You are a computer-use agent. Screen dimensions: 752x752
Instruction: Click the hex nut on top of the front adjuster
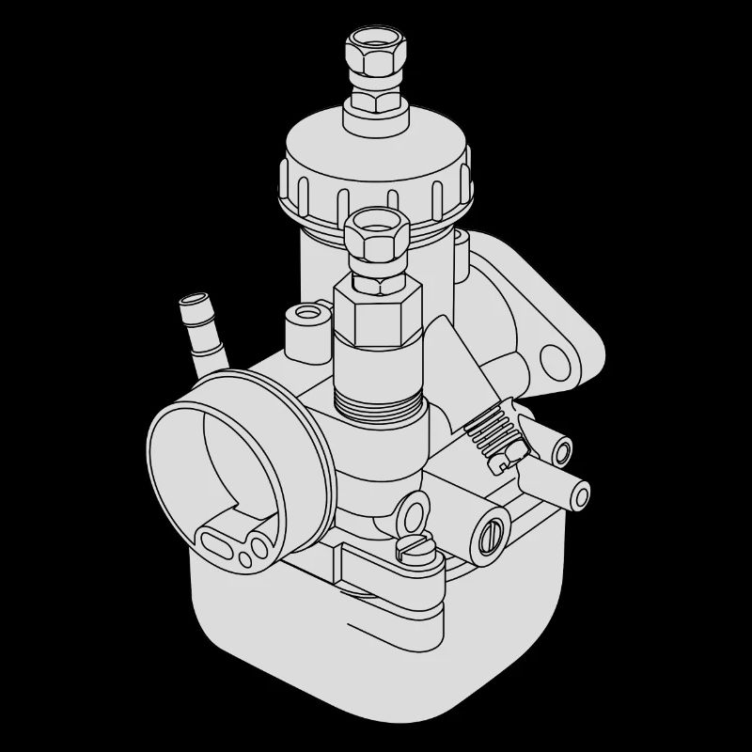click(x=375, y=237)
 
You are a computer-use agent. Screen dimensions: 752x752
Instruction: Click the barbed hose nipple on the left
click(x=202, y=334)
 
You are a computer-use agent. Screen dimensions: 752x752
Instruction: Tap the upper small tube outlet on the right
click(x=561, y=452)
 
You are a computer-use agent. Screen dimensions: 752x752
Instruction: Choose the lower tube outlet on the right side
click(x=577, y=493)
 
